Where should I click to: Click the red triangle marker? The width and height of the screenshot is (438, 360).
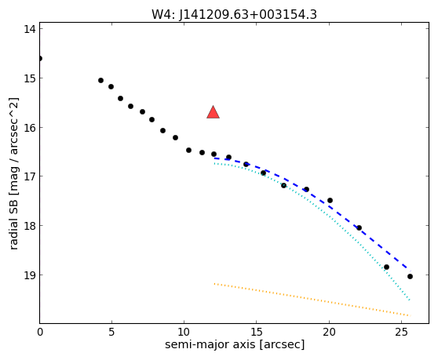pos(214,112)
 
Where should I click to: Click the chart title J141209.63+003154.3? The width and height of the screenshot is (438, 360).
pos(248,15)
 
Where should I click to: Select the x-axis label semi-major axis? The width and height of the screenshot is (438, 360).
pos(210,344)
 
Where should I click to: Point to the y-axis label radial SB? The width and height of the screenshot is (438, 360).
pos(13,219)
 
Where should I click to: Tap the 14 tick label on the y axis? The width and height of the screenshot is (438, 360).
pos(30,29)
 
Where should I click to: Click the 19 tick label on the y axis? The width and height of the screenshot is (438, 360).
pos(30,275)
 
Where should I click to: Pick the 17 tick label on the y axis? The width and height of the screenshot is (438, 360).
pos(30,176)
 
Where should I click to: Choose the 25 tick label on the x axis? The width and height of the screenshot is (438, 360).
pos(401,333)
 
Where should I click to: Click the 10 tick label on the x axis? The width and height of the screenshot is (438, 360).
pos(184,333)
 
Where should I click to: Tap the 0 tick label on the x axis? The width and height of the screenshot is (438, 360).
pos(40,333)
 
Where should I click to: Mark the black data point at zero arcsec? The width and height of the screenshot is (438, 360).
pos(40,58)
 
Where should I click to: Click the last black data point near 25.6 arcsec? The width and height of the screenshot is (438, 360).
pos(410,277)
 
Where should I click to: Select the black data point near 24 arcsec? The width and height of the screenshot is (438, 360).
pos(387,267)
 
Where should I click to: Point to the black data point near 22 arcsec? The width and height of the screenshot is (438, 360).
pos(360,228)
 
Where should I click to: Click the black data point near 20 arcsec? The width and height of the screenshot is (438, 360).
pos(330,200)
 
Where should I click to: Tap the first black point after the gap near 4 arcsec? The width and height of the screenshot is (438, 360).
pos(100,80)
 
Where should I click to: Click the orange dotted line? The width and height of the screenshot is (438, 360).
pos(312,300)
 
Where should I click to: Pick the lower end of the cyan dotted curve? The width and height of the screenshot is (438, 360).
pos(410,300)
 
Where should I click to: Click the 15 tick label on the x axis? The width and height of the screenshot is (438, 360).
pos(257,333)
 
